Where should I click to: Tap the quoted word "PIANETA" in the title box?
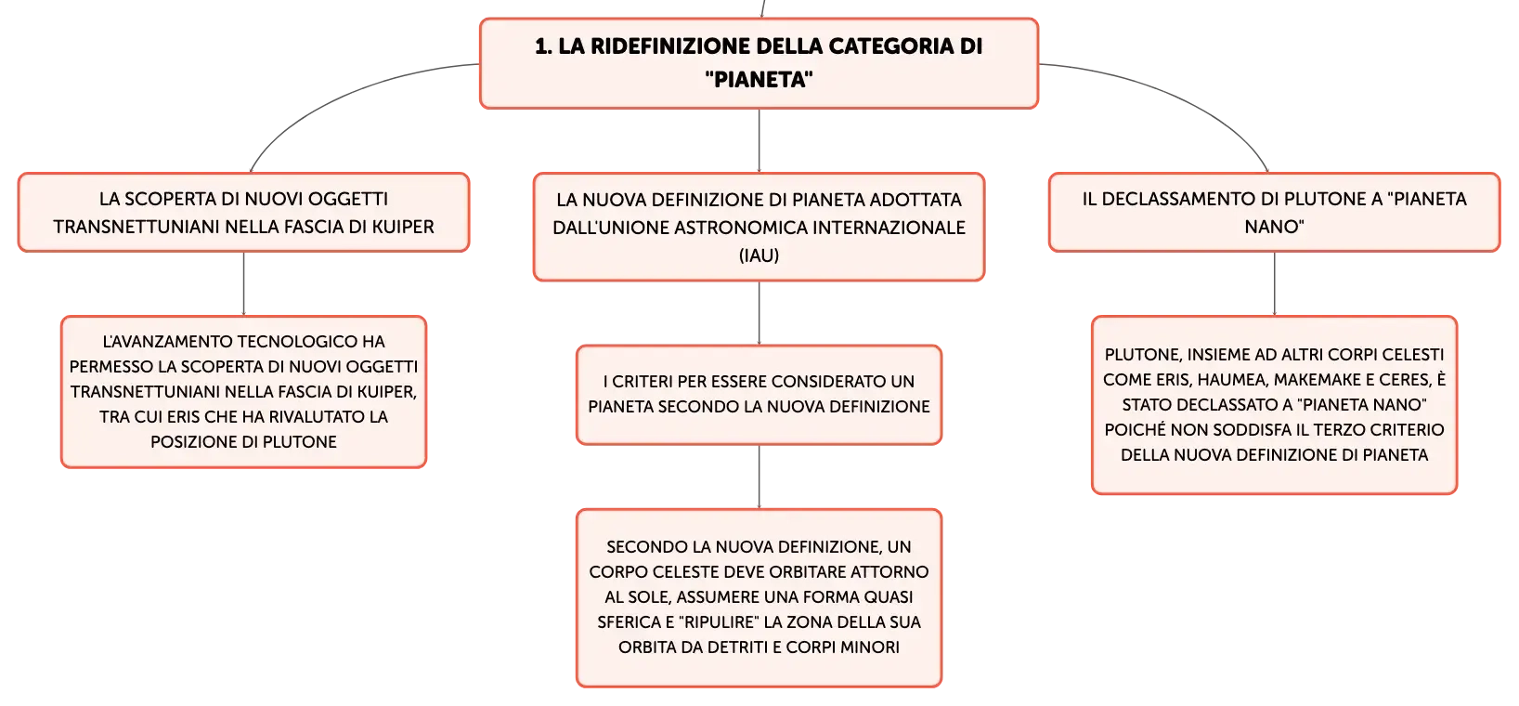[759, 80]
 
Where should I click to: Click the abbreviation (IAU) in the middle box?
[759, 255]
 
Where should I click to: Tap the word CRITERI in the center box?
[642, 381]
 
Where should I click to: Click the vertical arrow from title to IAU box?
[759, 140]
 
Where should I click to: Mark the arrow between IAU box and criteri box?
[759, 313]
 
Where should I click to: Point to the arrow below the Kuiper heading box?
[243, 283]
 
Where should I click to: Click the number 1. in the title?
[543, 46]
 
